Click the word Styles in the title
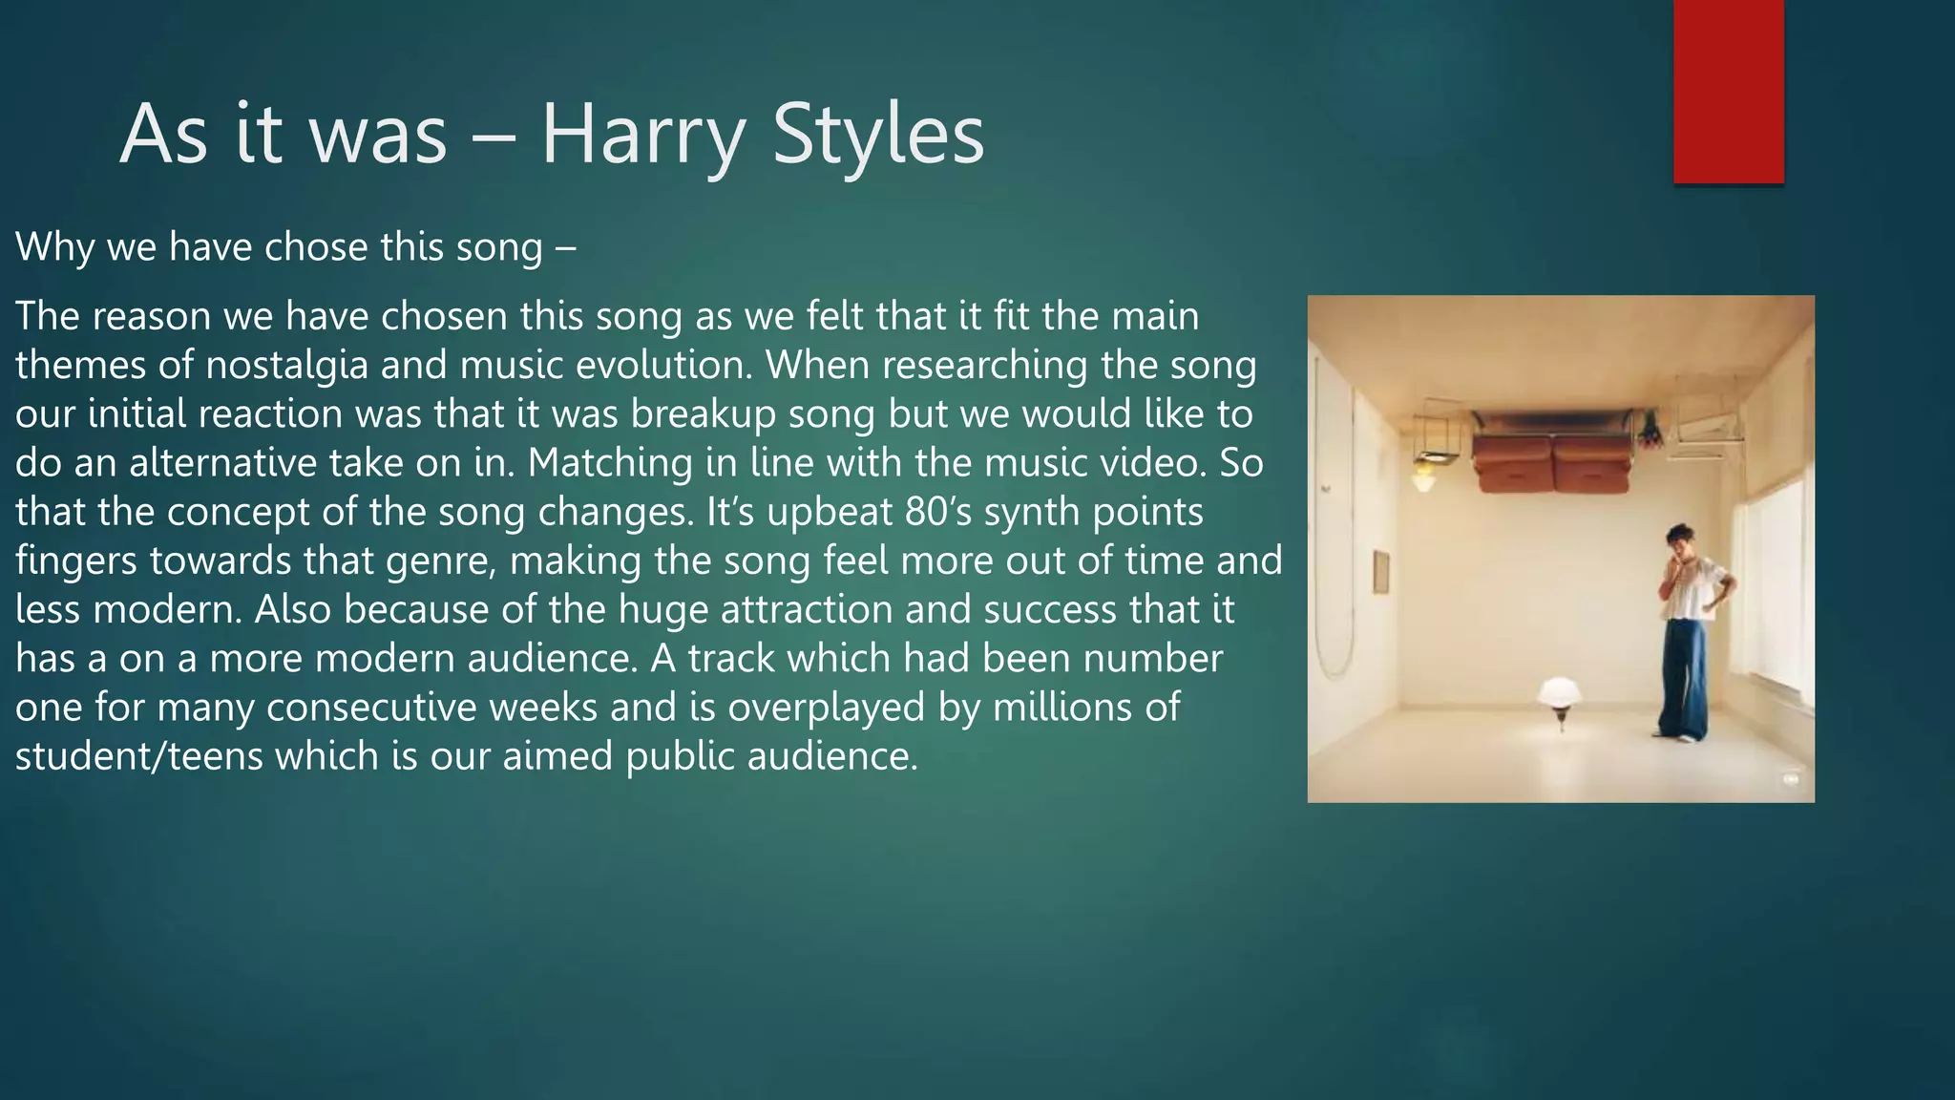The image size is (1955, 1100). click(x=877, y=135)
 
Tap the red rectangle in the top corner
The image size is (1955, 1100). click(x=1728, y=91)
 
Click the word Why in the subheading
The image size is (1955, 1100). click(x=54, y=247)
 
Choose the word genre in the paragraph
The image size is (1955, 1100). click(x=441, y=561)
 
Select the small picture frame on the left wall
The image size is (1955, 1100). click(x=1380, y=571)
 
